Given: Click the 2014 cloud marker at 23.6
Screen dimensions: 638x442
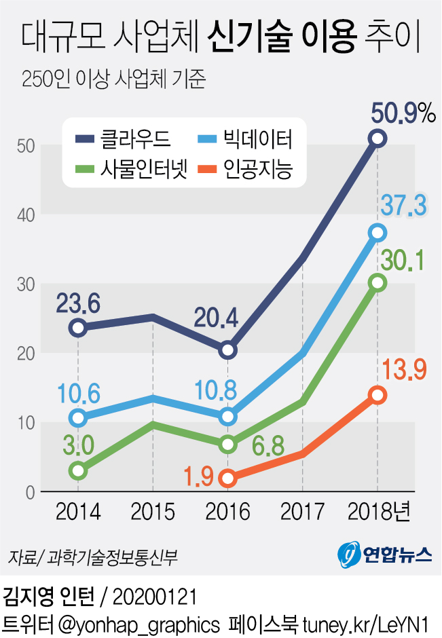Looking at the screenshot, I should (78, 328).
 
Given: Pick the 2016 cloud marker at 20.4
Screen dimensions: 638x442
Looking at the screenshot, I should (228, 350).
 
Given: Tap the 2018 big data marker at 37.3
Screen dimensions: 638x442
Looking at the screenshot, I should (377, 233).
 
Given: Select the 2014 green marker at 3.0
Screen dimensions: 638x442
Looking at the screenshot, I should (78, 470).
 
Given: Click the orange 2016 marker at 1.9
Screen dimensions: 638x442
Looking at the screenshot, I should (228, 478).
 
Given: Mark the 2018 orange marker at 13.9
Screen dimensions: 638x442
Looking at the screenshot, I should (377, 395).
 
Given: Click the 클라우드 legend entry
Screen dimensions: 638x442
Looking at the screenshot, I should (122, 140).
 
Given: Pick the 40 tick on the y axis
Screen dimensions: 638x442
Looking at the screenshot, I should (26, 214).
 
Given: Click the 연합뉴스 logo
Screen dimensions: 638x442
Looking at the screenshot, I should (385, 555).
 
